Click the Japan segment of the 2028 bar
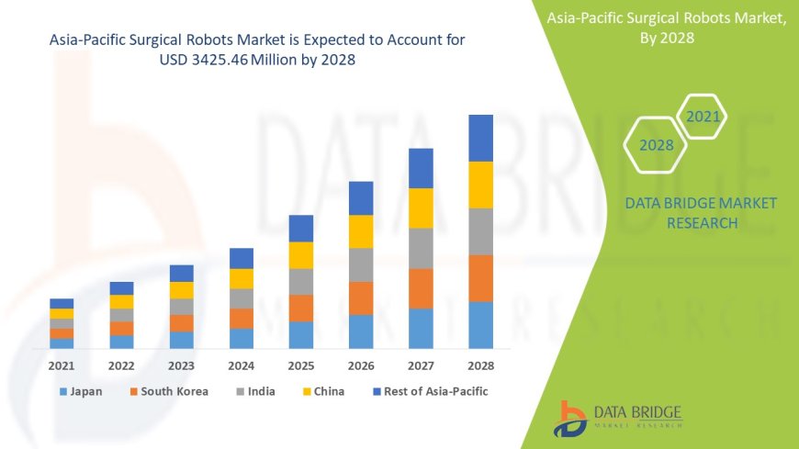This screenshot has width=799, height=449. click(x=481, y=325)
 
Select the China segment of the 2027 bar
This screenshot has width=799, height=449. click(x=421, y=208)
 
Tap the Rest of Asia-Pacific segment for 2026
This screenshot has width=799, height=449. click(x=361, y=198)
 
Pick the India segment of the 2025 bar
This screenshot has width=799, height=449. click(x=301, y=282)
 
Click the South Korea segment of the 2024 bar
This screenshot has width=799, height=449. click(x=242, y=319)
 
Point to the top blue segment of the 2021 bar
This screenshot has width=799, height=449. click(x=62, y=303)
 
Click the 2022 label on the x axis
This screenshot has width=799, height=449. click(x=121, y=365)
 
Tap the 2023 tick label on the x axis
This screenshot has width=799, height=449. click(x=182, y=365)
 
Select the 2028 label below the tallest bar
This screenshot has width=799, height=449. click(x=480, y=365)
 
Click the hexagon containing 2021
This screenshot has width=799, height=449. click(x=703, y=117)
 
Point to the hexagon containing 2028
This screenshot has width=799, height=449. click(x=657, y=145)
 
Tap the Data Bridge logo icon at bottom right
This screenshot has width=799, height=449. click(x=572, y=418)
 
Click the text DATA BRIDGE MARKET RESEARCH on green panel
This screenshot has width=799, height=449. click(x=701, y=212)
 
